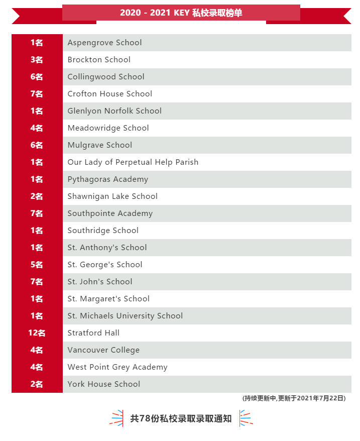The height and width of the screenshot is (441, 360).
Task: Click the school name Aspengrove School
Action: tap(104, 43)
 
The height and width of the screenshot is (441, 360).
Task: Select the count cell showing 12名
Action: tap(37, 333)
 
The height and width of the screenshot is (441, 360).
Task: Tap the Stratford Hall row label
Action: tap(93, 333)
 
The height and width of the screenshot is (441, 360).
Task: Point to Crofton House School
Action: tap(109, 94)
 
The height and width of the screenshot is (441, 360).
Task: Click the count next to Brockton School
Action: tap(37, 60)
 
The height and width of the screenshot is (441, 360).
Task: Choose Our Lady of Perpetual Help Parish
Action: tap(133, 162)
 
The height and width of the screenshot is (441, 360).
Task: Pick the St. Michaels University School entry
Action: tap(125, 316)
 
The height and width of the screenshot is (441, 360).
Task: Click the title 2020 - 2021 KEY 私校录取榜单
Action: tap(181, 13)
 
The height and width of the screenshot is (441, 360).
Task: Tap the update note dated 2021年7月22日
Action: tap(294, 398)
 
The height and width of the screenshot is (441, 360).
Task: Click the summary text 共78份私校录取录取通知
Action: tap(181, 418)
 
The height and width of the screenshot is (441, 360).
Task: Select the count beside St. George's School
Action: tap(37, 265)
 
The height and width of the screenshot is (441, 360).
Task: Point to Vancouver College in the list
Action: tap(103, 350)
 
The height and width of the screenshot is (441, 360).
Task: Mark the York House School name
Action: tap(103, 384)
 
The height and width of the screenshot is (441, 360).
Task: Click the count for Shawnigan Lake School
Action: tap(37, 196)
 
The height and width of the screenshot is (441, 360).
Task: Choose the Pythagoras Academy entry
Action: tap(107, 179)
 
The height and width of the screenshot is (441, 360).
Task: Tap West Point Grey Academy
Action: tap(117, 367)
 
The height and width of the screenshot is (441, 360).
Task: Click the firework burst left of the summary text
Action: tap(116, 418)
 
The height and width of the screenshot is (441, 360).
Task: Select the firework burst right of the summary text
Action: tap(246, 418)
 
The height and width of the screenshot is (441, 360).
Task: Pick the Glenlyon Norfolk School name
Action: tap(114, 111)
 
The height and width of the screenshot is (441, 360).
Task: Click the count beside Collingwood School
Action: tap(37, 77)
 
